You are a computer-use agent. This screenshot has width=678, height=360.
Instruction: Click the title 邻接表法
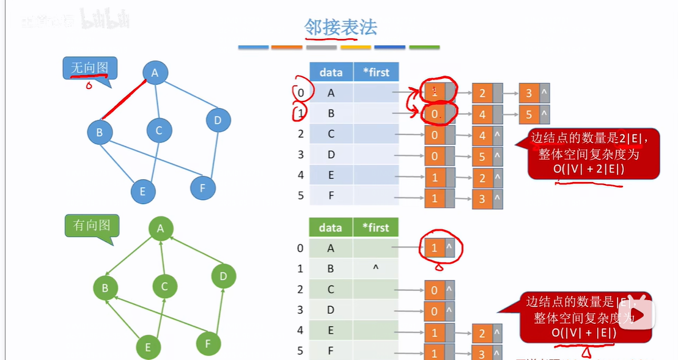coord(341,28)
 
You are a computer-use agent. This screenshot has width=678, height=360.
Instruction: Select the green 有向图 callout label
coord(92,226)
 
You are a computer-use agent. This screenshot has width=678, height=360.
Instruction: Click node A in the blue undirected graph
coord(155,73)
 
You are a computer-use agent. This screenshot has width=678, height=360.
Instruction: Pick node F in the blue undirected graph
coord(203,188)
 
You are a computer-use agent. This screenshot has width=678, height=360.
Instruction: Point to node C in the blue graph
coord(159,130)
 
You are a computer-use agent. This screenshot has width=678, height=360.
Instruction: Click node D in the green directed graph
coord(223,276)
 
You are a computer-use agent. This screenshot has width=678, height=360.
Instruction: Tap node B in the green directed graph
coord(106,287)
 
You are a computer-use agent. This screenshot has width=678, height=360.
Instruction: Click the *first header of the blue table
coord(376,72)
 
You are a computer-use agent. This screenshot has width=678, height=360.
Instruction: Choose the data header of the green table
coord(330,227)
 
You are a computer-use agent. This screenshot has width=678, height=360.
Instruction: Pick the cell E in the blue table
coord(331,175)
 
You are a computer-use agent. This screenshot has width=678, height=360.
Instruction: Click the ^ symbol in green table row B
coord(375,267)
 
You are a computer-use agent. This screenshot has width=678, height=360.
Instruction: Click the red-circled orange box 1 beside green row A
coord(435,248)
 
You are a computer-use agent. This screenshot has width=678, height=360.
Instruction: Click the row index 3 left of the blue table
coord(300,155)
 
